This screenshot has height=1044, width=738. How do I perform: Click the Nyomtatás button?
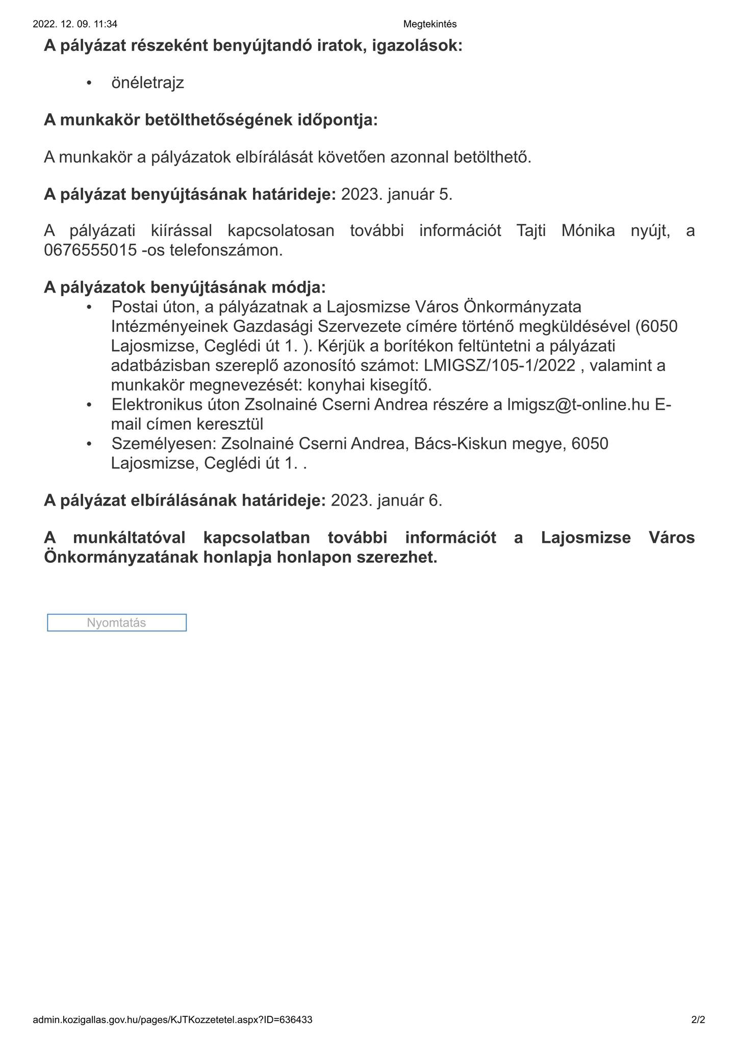tap(116, 622)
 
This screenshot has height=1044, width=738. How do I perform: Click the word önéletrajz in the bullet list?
tap(147, 83)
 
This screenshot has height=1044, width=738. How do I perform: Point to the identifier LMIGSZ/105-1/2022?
tap(499, 366)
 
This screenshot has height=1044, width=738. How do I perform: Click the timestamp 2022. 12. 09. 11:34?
tap(75, 24)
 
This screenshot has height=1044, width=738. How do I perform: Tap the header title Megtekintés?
tap(429, 24)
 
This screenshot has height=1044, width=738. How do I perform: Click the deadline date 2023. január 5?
tap(396, 194)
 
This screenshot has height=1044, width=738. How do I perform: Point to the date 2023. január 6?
tap(386, 500)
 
